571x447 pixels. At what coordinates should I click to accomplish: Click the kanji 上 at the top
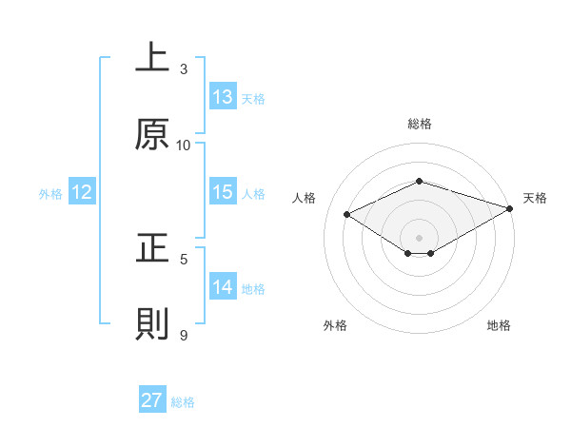click(152, 58)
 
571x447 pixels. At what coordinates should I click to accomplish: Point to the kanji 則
click(152, 324)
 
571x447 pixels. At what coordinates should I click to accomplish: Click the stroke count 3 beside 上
click(184, 68)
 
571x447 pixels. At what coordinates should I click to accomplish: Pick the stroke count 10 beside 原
click(184, 145)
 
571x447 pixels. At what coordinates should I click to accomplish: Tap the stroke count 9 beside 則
click(184, 335)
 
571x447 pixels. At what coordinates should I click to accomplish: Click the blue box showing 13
click(223, 97)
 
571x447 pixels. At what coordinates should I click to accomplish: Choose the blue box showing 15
click(223, 192)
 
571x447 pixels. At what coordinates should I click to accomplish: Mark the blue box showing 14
click(223, 287)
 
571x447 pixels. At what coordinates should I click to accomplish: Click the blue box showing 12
click(82, 192)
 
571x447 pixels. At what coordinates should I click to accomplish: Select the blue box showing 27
click(152, 400)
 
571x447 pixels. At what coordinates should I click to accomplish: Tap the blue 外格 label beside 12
click(50, 194)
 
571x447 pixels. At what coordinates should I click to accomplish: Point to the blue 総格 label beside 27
click(183, 402)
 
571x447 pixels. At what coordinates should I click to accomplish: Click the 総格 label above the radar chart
click(419, 124)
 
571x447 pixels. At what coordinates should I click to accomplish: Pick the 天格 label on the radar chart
click(535, 198)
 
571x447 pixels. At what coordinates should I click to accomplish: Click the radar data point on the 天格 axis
click(511, 208)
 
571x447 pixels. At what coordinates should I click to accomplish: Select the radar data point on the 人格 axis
click(347, 214)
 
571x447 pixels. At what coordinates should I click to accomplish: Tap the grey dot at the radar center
click(419, 236)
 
